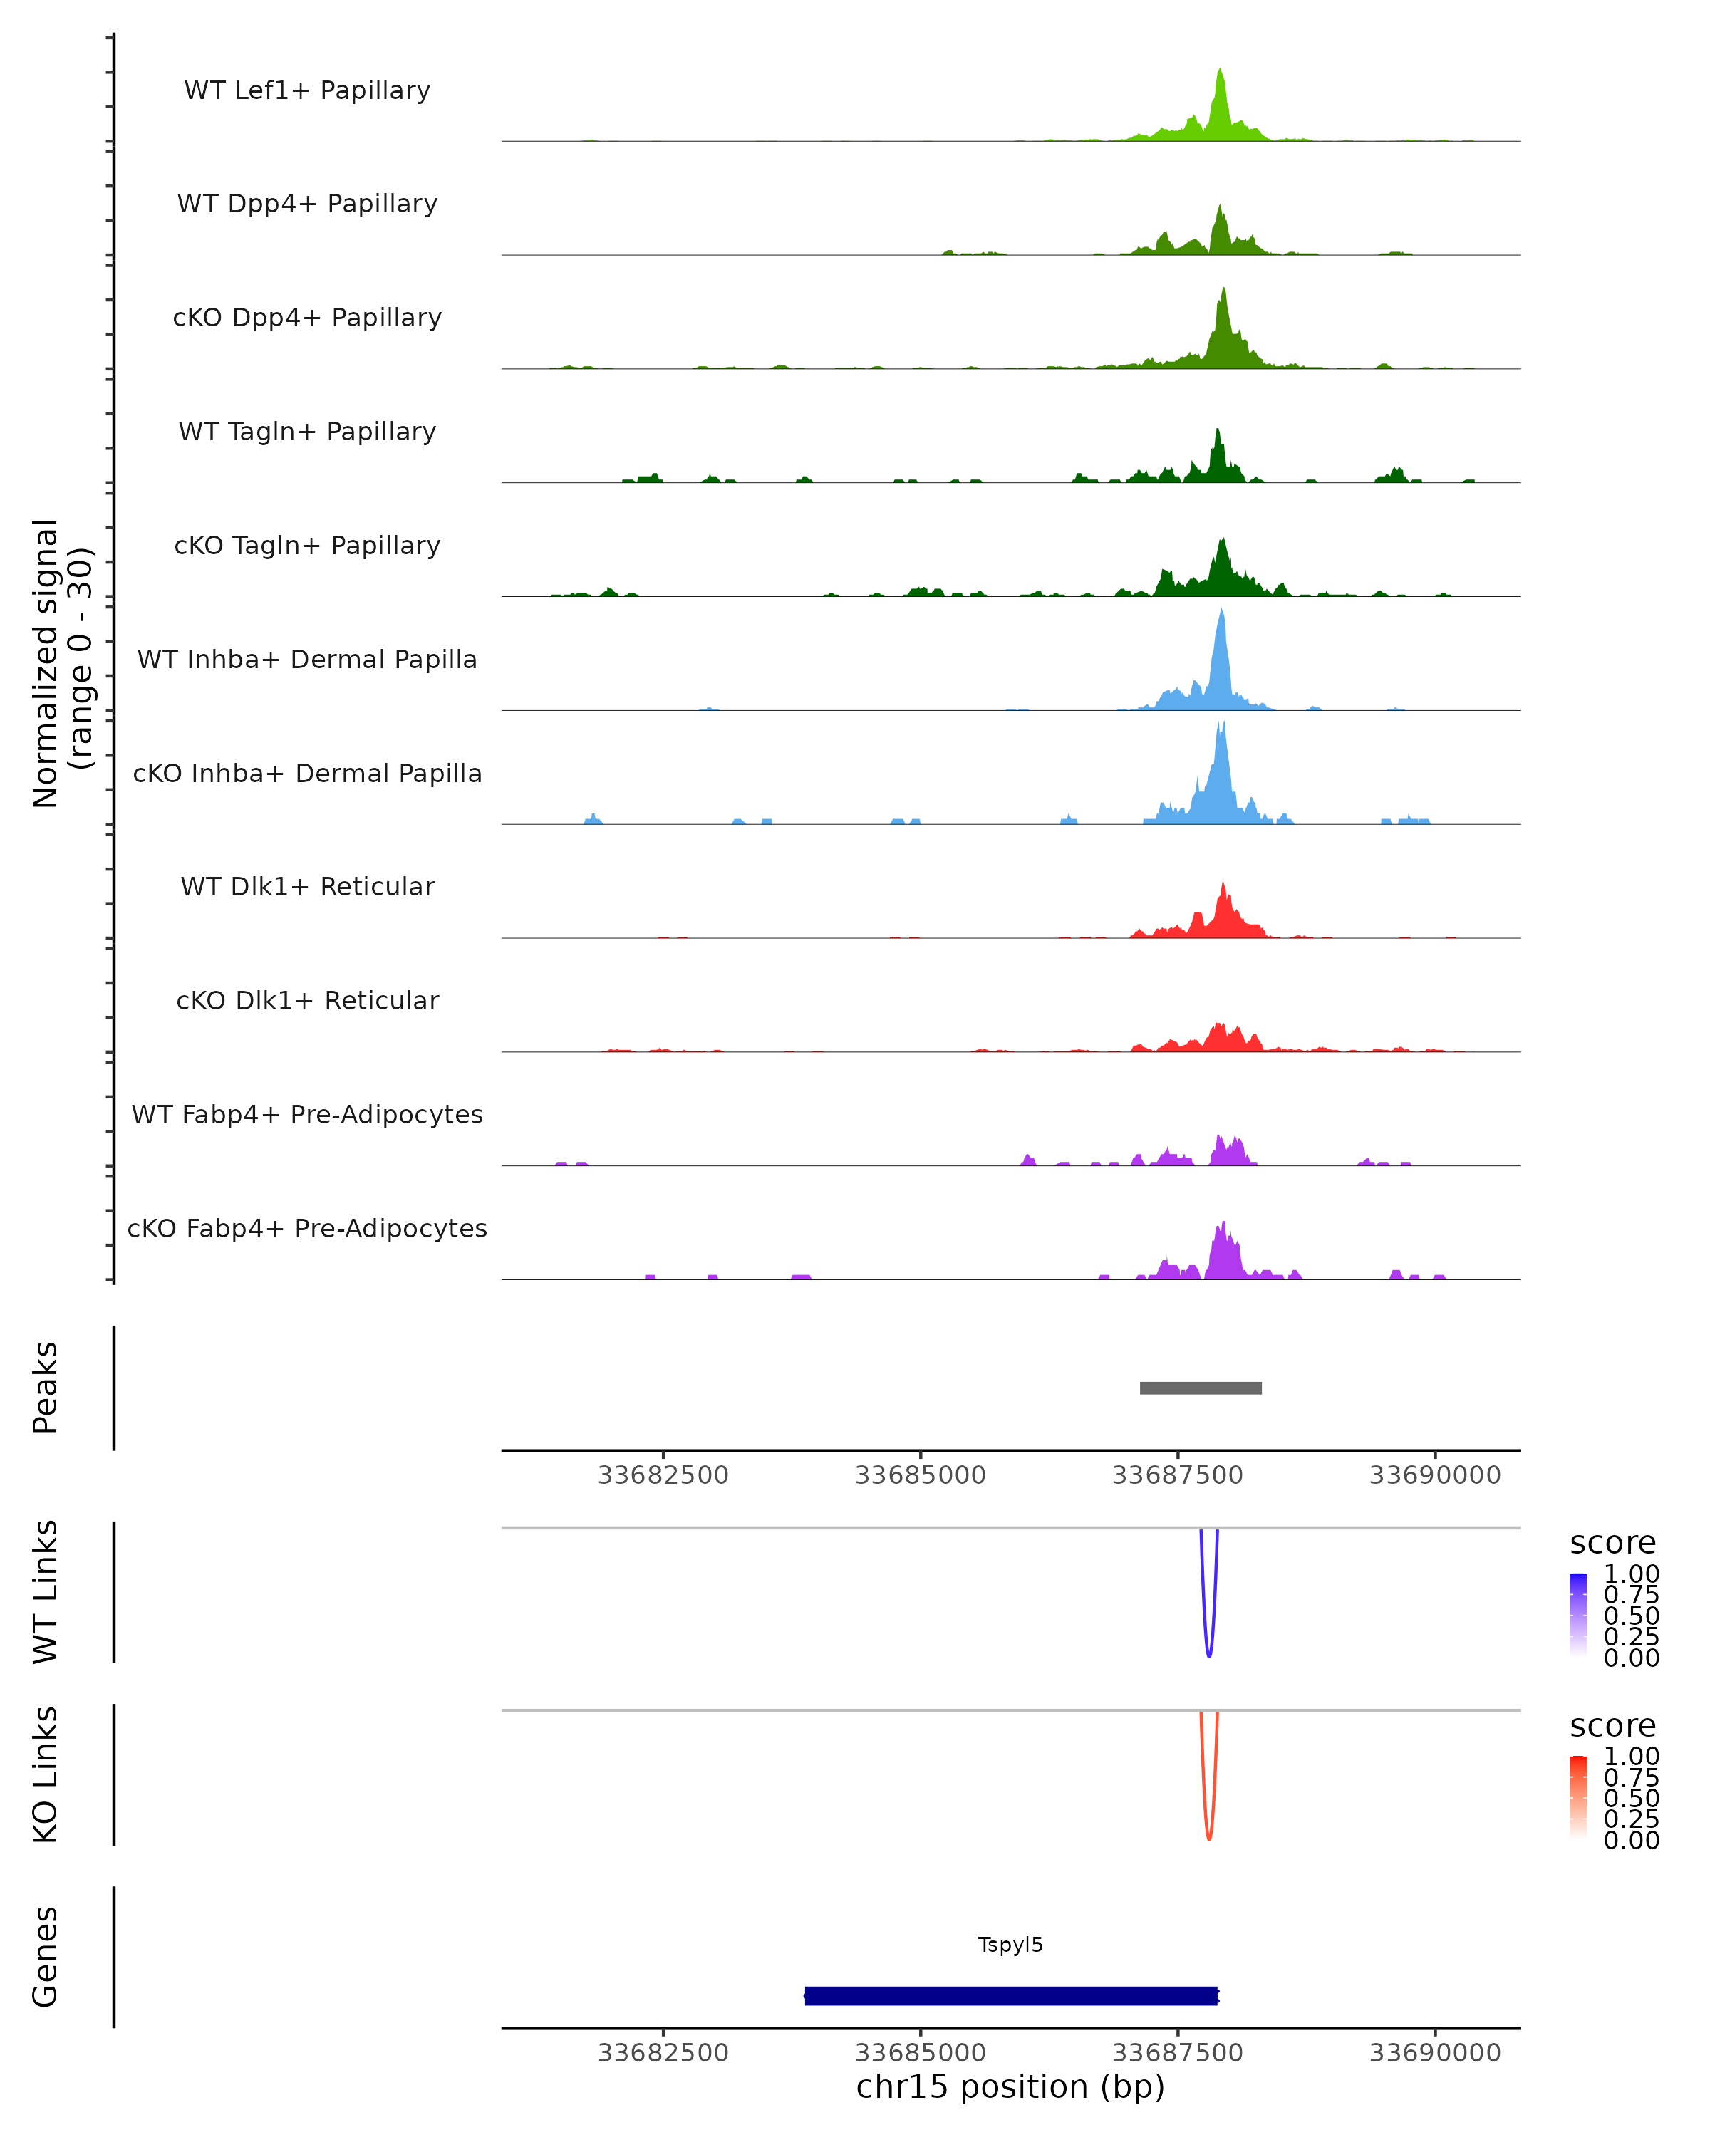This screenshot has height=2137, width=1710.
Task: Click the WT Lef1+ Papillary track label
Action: point(307,90)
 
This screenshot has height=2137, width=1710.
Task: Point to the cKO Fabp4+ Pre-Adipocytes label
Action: point(307,1228)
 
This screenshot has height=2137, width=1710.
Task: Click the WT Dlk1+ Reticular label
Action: point(307,886)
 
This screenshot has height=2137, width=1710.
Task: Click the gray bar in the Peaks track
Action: point(1201,1388)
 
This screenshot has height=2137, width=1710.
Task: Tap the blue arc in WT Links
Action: point(1208,1653)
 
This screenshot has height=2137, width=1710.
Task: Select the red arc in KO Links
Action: point(1208,1836)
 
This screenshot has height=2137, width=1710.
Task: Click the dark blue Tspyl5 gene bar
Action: point(1011,1995)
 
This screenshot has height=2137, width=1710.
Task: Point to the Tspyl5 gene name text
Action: point(1010,1945)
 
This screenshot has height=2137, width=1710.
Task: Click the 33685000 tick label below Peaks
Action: point(920,1475)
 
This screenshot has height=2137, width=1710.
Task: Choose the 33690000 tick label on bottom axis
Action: point(1434,2053)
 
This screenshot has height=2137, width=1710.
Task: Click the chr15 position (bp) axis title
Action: point(1010,2086)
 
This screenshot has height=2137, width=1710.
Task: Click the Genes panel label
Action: point(46,1957)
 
